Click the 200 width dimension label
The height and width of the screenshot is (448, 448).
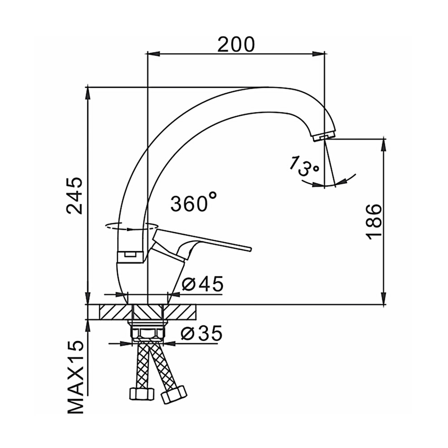(236, 44)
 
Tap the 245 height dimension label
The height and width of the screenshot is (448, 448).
(74, 196)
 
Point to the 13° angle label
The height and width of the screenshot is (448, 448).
(303, 167)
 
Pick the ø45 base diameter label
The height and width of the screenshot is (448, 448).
(202, 284)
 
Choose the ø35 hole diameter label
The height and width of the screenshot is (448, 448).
(202, 333)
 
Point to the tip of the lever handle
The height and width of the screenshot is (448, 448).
(250, 248)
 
